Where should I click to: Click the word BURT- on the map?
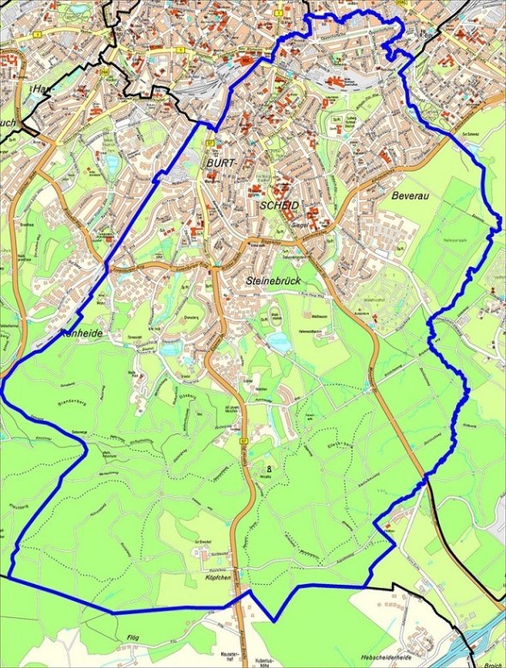click(x=224, y=163)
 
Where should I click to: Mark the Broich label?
click(x=492, y=663)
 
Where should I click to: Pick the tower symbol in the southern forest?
click(x=269, y=469)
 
